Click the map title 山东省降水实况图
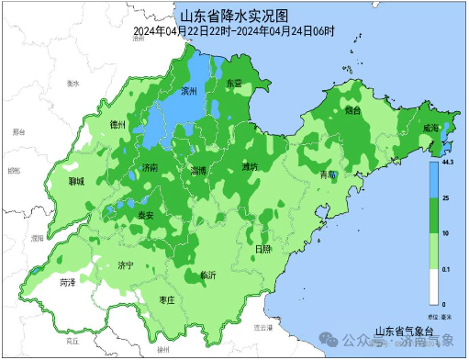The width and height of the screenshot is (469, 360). tap(234, 16)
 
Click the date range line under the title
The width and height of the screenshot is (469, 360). tap(234, 30)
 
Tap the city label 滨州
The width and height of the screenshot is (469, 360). tap(190, 91)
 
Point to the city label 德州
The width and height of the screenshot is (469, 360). tap(117, 124)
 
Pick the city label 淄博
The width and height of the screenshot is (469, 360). tap(198, 171)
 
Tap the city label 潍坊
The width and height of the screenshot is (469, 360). tap(250, 166)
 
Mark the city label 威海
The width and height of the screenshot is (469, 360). tap(431, 128)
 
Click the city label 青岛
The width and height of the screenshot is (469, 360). tap(328, 174)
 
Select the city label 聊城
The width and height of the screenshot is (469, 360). tap(75, 182)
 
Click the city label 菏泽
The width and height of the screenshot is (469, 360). tap(67, 282)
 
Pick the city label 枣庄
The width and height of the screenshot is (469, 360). tap(166, 300)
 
